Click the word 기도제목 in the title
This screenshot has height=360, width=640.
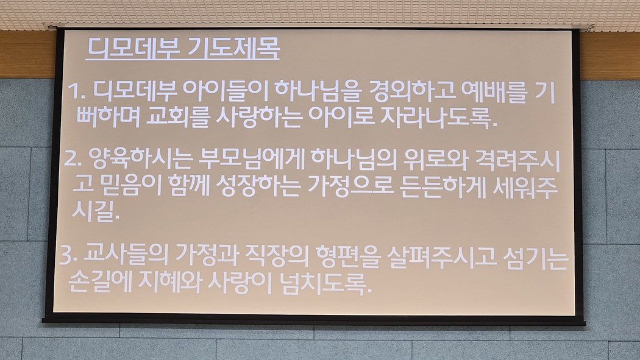234,49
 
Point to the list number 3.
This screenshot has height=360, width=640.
68,256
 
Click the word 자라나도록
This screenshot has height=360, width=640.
438,118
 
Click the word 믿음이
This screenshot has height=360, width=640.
130,186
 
